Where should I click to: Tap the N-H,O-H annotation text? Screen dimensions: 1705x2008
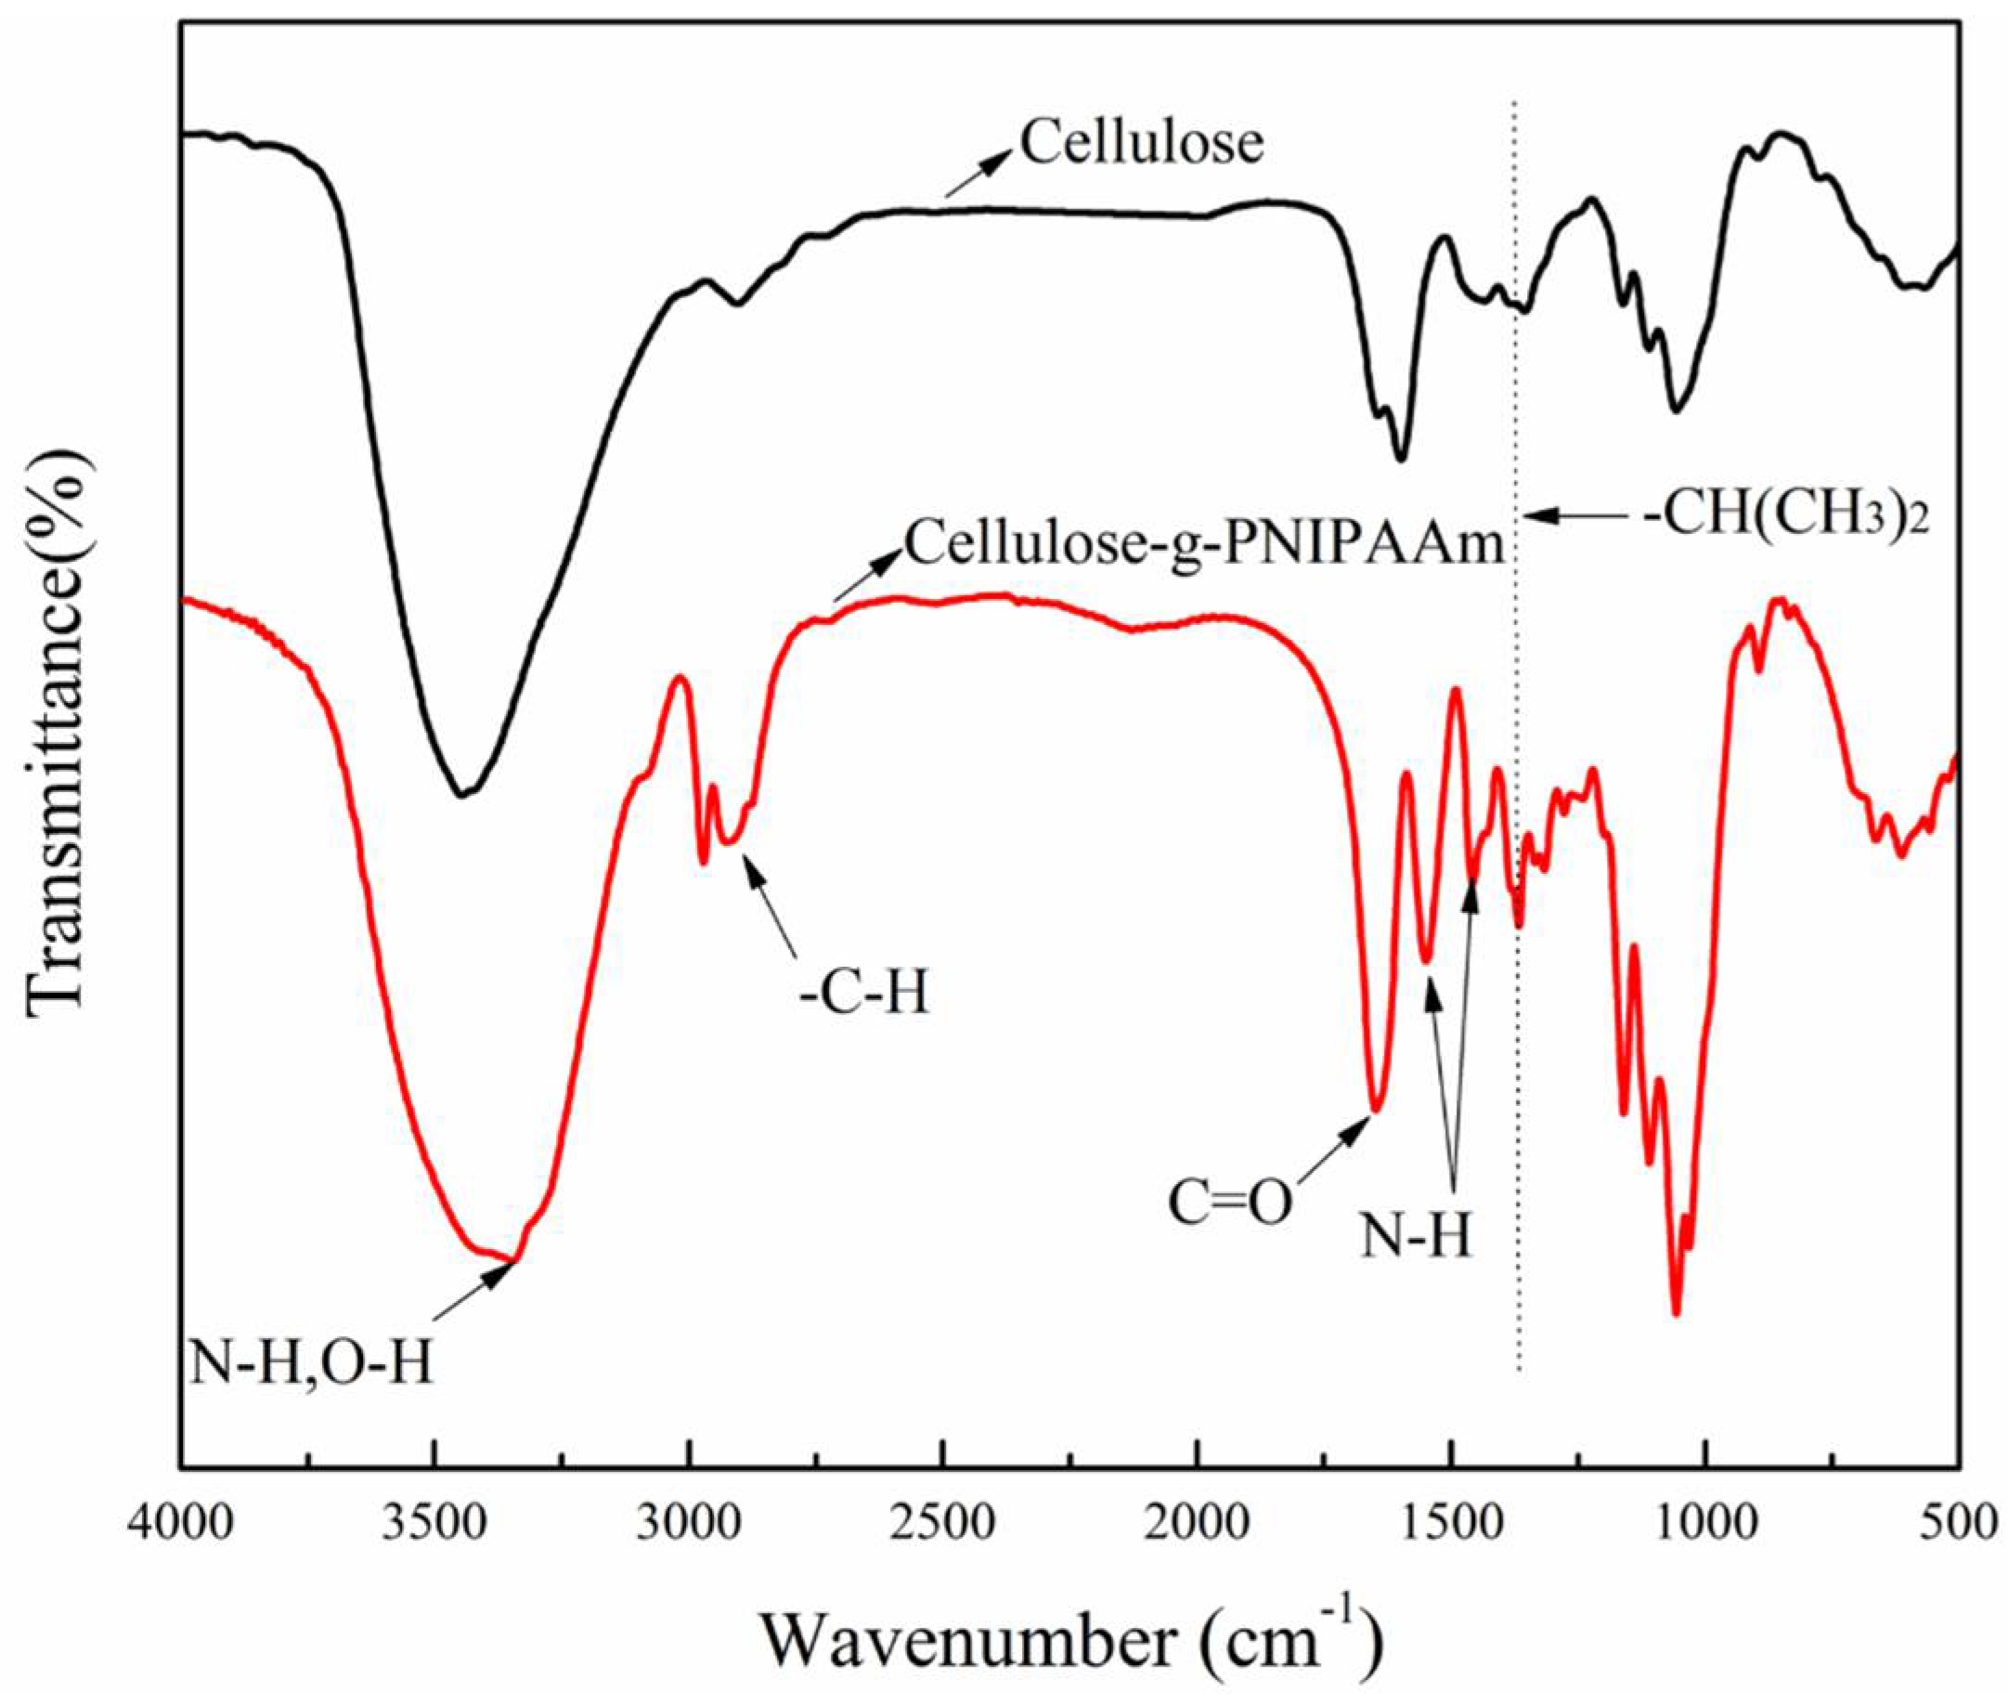pyautogui.click(x=311, y=1366)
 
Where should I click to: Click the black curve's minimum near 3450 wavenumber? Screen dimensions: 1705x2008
pyautogui.click(x=462, y=796)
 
